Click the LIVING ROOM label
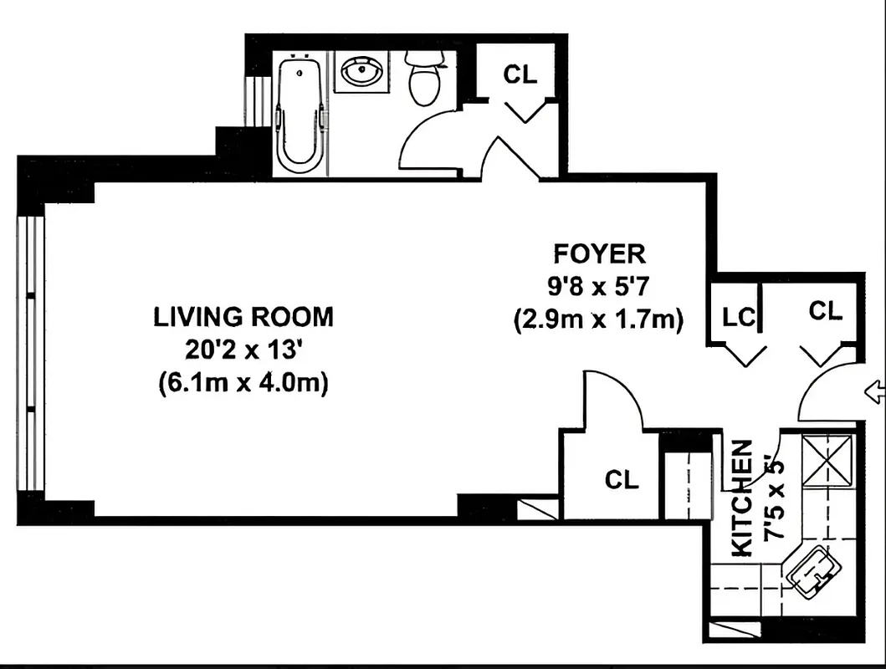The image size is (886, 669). tap(243, 317)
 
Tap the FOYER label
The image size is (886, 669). tap(599, 253)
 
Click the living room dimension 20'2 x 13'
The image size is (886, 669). tap(243, 350)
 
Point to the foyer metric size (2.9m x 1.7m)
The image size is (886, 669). tap(599, 319)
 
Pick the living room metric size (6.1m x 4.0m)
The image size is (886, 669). tap(243, 383)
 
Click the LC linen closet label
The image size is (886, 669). tap(739, 318)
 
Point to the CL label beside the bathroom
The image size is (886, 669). tap(519, 74)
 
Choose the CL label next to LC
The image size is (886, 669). tap(825, 311)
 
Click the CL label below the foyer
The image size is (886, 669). tap(622, 480)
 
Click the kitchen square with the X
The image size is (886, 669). tap(827, 460)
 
